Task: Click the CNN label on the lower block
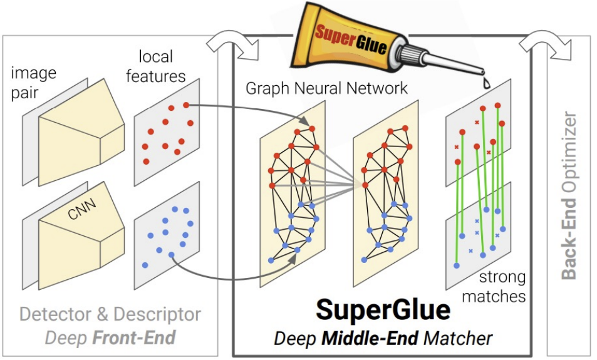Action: pos(82,208)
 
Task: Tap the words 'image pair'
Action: pos(33,83)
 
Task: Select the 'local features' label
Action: pos(156,66)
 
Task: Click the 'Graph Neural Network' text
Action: pos(326,88)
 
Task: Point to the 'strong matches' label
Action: pos(494,287)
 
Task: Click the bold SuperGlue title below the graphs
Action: pos(383,309)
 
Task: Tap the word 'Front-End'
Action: pos(133,337)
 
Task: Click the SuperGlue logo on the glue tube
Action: pos(351,38)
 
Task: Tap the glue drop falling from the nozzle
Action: pos(487,84)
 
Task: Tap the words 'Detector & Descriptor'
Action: pos(110,314)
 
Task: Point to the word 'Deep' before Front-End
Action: pos(66,338)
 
